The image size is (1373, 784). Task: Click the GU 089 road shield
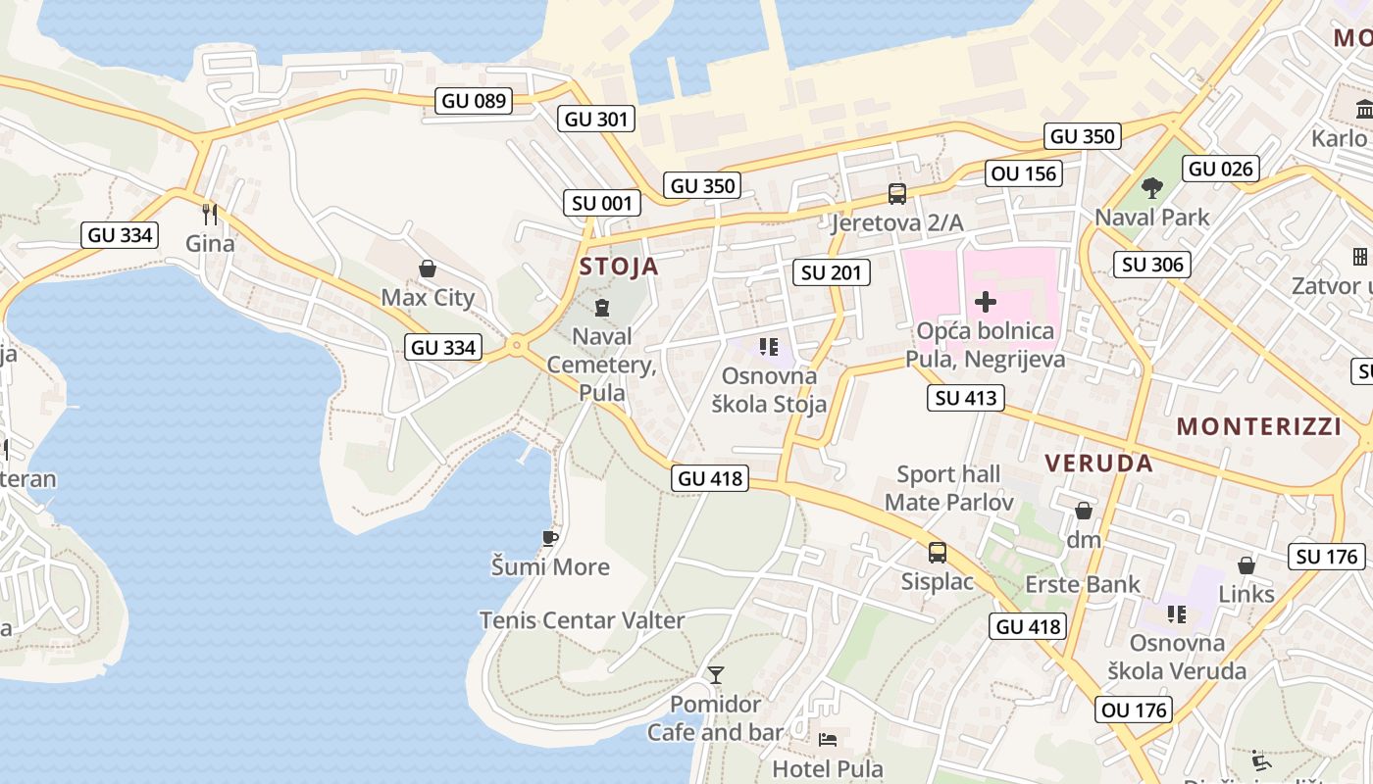(x=475, y=100)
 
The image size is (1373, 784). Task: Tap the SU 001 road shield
(x=602, y=203)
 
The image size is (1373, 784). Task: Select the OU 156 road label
(x=1025, y=173)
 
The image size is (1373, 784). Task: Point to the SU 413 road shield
(x=967, y=398)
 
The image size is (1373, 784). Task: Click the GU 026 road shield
(x=1221, y=169)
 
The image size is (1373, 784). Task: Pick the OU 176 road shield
(x=1136, y=710)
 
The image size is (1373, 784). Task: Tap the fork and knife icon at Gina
(x=210, y=214)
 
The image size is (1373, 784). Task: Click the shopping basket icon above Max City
(x=428, y=269)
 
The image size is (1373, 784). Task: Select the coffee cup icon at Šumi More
(x=550, y=538)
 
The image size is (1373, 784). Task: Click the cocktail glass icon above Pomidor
(x=716, y=675)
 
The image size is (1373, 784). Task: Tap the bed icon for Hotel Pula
(x=828, y=739)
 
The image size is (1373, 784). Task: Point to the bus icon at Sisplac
(x=938, y=553)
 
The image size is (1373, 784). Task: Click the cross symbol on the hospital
(x=986, y=302)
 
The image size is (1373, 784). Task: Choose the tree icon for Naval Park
(x=1152, y=188)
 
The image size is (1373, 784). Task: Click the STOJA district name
(x=619, y=267)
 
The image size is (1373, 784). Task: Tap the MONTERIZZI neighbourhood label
(x=1259, y=426)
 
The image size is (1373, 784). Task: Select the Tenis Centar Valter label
(x=582, y=620)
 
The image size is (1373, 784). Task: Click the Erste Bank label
(x=1083, y=585)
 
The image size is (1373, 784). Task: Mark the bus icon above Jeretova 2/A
(x=897, y=194)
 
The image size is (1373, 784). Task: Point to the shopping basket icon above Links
(x=1246, y=565)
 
